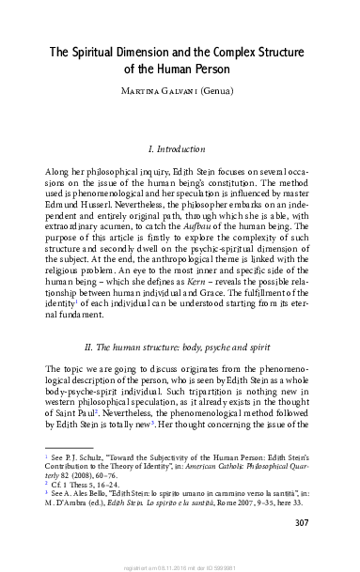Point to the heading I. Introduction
[x=180, y=148]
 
